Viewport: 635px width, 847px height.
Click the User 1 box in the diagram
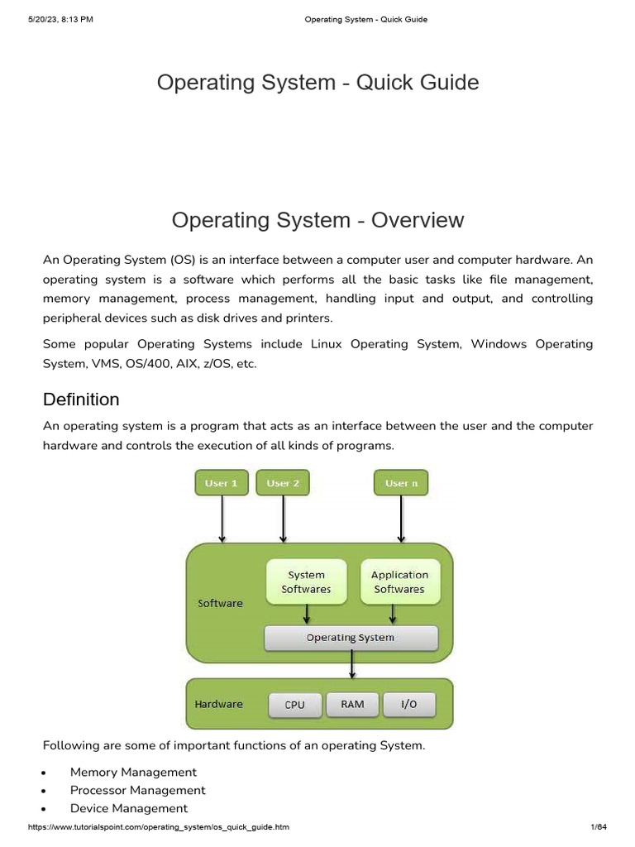(222, 483)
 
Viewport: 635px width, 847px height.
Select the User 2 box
(284, 483)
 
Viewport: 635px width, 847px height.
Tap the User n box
(401, 483)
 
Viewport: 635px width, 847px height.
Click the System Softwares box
(306, 581)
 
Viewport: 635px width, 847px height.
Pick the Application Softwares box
(399, 581)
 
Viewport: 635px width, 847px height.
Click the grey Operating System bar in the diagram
(351, 638)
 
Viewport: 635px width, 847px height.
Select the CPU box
(294, 705)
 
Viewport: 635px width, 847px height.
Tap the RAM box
(352, 704)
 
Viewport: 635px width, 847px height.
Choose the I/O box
(408, 704)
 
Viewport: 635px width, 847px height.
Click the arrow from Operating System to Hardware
(353, 664)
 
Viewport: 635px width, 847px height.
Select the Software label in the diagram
(220, 603)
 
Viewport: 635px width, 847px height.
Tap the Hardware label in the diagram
(218, 704)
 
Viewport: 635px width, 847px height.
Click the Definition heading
(81, 400)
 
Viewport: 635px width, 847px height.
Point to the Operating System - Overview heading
(317, 220)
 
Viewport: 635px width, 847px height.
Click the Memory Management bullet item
(133, 772)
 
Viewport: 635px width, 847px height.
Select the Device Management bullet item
(129, 808)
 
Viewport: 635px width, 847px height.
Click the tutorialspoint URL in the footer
(159, 827)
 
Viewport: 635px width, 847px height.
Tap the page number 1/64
(599, 827)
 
